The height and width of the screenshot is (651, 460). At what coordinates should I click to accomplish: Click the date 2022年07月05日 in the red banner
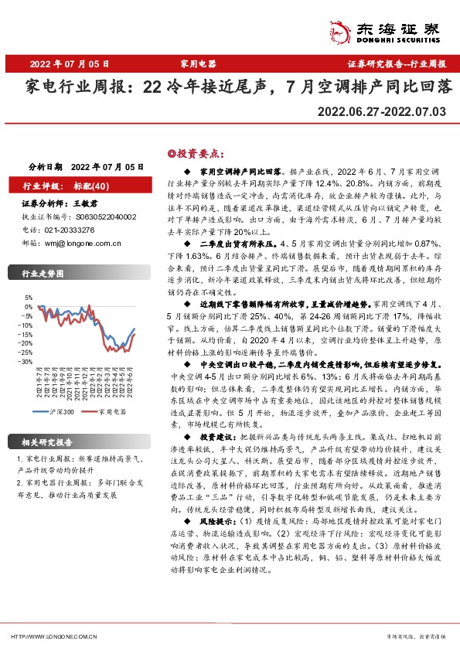coord(70,64)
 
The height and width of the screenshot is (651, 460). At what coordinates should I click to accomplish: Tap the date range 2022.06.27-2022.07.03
coord(383,113)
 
